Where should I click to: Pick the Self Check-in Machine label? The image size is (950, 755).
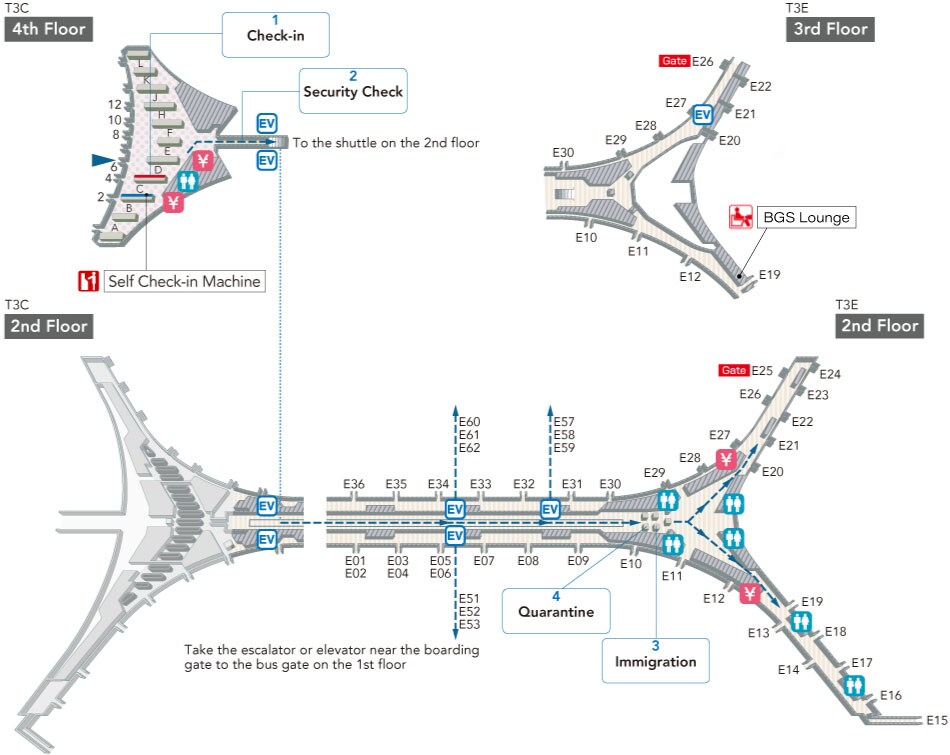184,281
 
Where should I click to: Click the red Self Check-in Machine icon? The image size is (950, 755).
89,281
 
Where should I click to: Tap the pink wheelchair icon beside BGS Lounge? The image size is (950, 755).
741,216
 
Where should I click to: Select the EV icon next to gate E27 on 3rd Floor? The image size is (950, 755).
702,115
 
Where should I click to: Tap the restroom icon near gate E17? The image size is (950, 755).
853,685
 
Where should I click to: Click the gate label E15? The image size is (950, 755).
937,719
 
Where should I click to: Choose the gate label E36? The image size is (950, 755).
354,484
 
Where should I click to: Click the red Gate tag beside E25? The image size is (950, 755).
733,371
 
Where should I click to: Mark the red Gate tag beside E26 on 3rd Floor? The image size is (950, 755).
674,62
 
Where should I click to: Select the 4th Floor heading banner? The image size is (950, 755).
50,29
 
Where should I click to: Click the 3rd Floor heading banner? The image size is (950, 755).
830,29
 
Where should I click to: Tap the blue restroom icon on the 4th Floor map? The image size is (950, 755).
188,181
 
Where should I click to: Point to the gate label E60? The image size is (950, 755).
470,421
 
